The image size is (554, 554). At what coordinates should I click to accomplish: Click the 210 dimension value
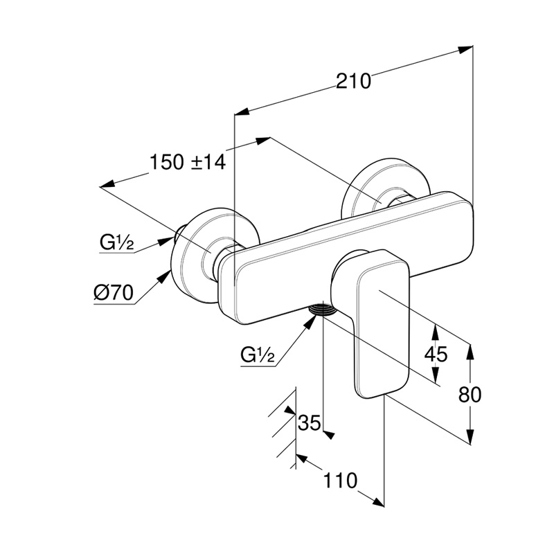(x=354, y=81)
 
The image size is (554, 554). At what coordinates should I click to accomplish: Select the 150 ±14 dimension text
(x=188, y=163)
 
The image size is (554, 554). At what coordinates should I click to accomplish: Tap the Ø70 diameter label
(x=113, y=293)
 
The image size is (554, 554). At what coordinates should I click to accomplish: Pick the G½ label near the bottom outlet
(x=258, y=355)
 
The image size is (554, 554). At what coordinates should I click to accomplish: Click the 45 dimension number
(x=436, y=355)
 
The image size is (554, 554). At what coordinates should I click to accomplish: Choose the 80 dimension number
(x=470, y=395)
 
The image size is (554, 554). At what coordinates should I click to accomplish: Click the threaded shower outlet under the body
(x=323, y=310)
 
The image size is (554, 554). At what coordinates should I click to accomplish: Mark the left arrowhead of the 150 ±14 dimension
(x=106, y=185)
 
